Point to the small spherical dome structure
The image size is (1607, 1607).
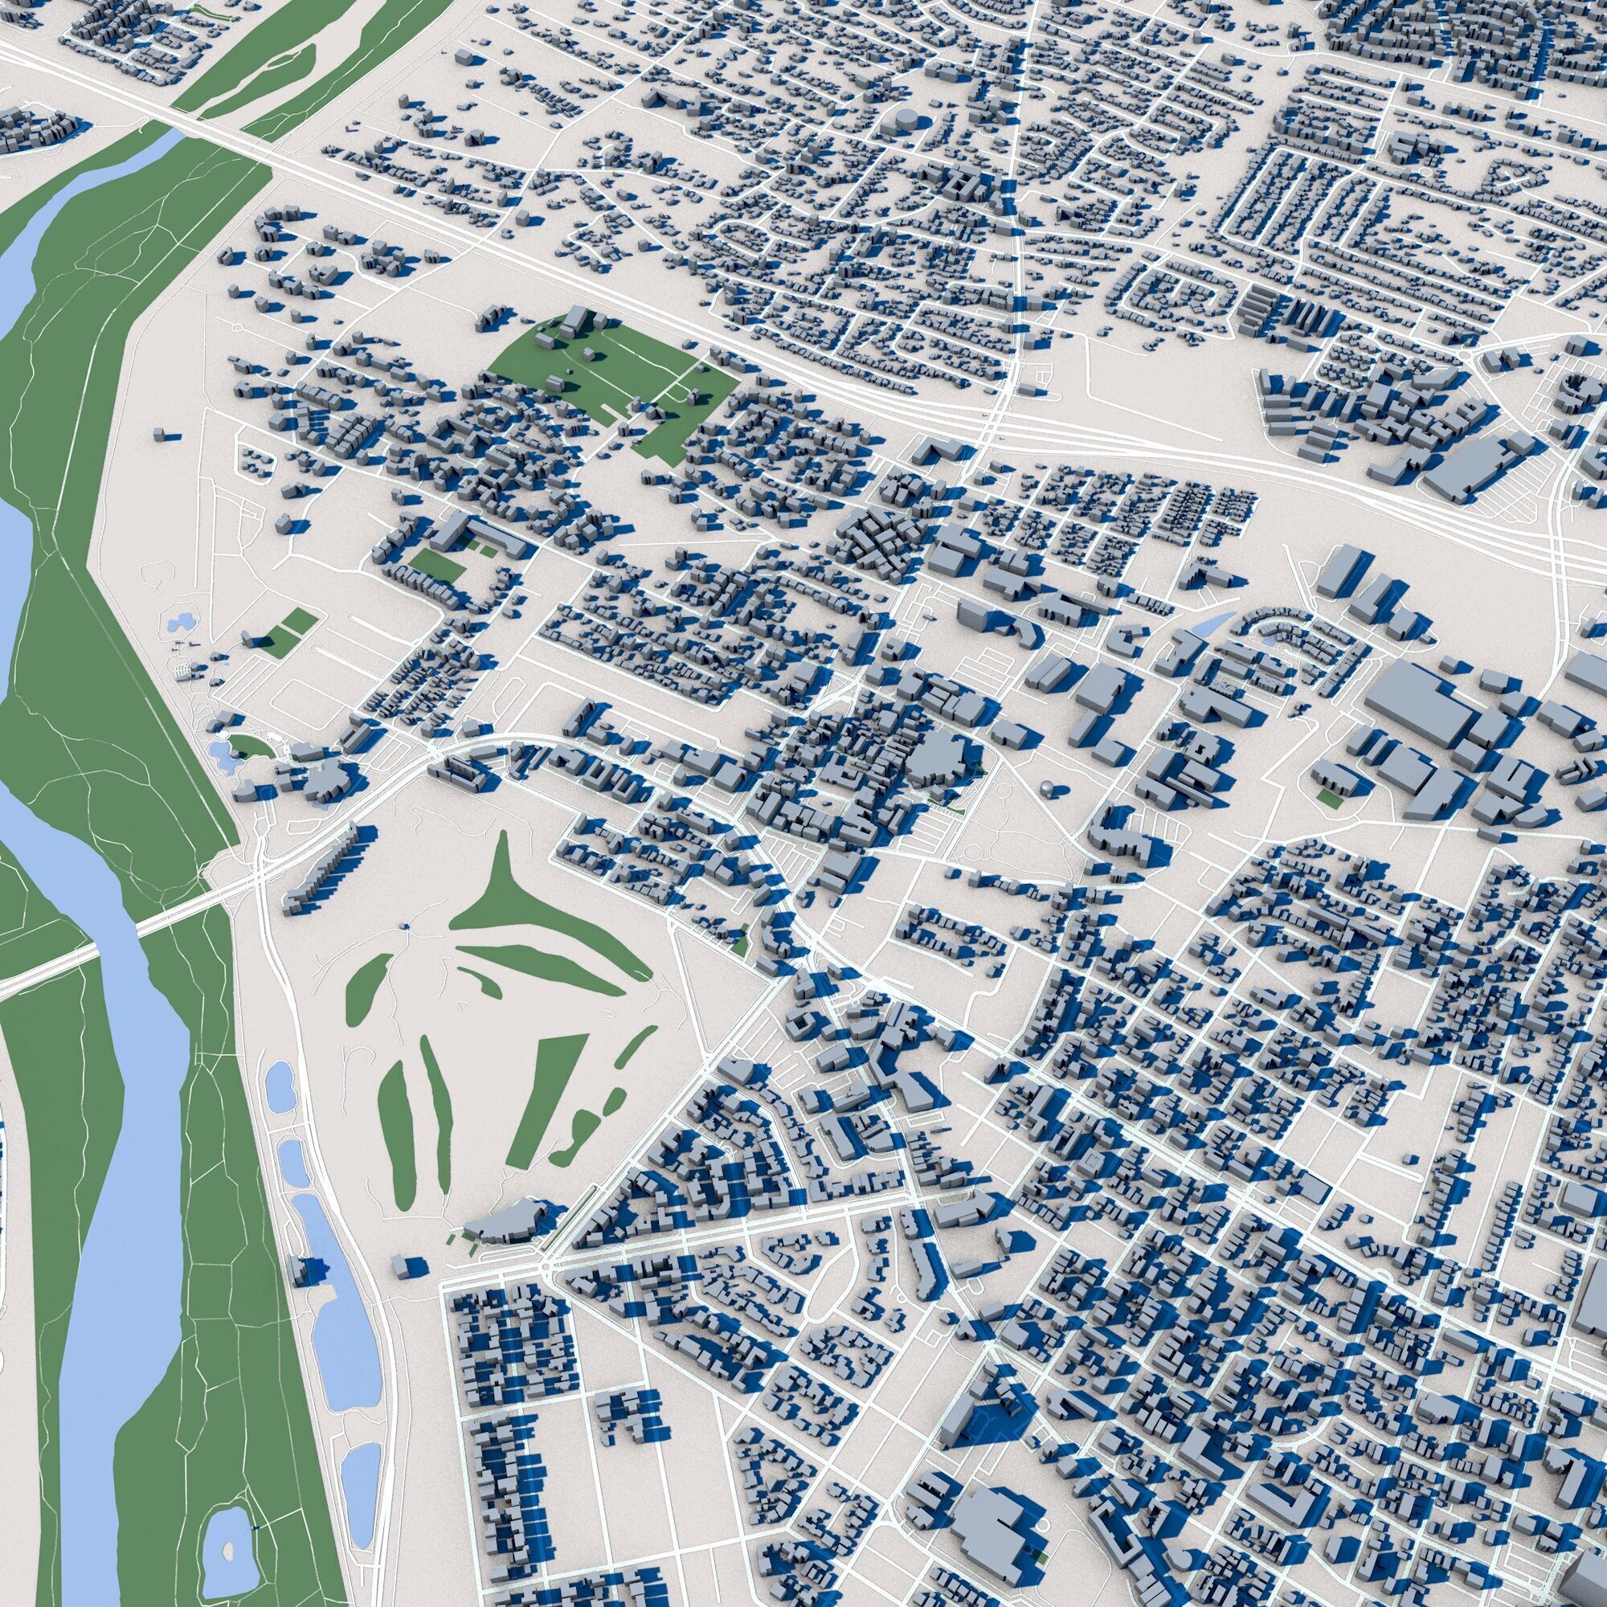(1045, 785)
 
